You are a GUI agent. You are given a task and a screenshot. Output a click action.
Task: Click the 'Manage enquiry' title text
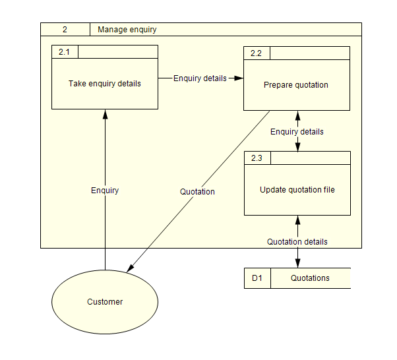(127, 30)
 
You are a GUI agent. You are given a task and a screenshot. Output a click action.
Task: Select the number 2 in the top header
(65, 30)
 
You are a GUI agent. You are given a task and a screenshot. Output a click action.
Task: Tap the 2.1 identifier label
(64, 52)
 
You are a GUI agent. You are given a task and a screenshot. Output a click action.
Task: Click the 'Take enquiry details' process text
(105, 84)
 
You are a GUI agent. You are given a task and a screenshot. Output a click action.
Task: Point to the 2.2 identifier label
(257, 53)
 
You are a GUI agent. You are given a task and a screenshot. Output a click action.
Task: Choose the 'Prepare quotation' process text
(296, 85)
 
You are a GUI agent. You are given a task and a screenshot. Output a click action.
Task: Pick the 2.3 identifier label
(257, 158)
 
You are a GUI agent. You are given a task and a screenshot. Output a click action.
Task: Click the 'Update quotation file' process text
(297, 190)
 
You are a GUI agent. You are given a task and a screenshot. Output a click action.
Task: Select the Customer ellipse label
(105, 302)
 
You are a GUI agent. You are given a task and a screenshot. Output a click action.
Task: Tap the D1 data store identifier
(257, 278)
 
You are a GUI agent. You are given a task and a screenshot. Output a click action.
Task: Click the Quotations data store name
(310, 278)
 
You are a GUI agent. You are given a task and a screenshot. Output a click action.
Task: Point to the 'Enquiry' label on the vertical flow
(105, 191)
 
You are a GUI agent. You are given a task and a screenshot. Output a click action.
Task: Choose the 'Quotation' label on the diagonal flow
(197, 192)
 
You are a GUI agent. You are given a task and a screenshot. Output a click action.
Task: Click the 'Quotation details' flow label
(297, 242)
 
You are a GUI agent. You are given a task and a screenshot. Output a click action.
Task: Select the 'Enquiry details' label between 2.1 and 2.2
(200, 78)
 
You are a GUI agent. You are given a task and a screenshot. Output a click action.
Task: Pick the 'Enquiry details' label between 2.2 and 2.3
(297, 132)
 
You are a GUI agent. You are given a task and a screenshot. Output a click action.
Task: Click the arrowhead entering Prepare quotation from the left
(239, 78)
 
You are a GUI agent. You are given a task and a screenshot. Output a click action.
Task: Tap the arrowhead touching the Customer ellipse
(131, 268)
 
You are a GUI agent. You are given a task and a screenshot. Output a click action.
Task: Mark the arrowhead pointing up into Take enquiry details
(105, 115)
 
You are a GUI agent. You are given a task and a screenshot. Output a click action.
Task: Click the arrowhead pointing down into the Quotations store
(297, 264)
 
